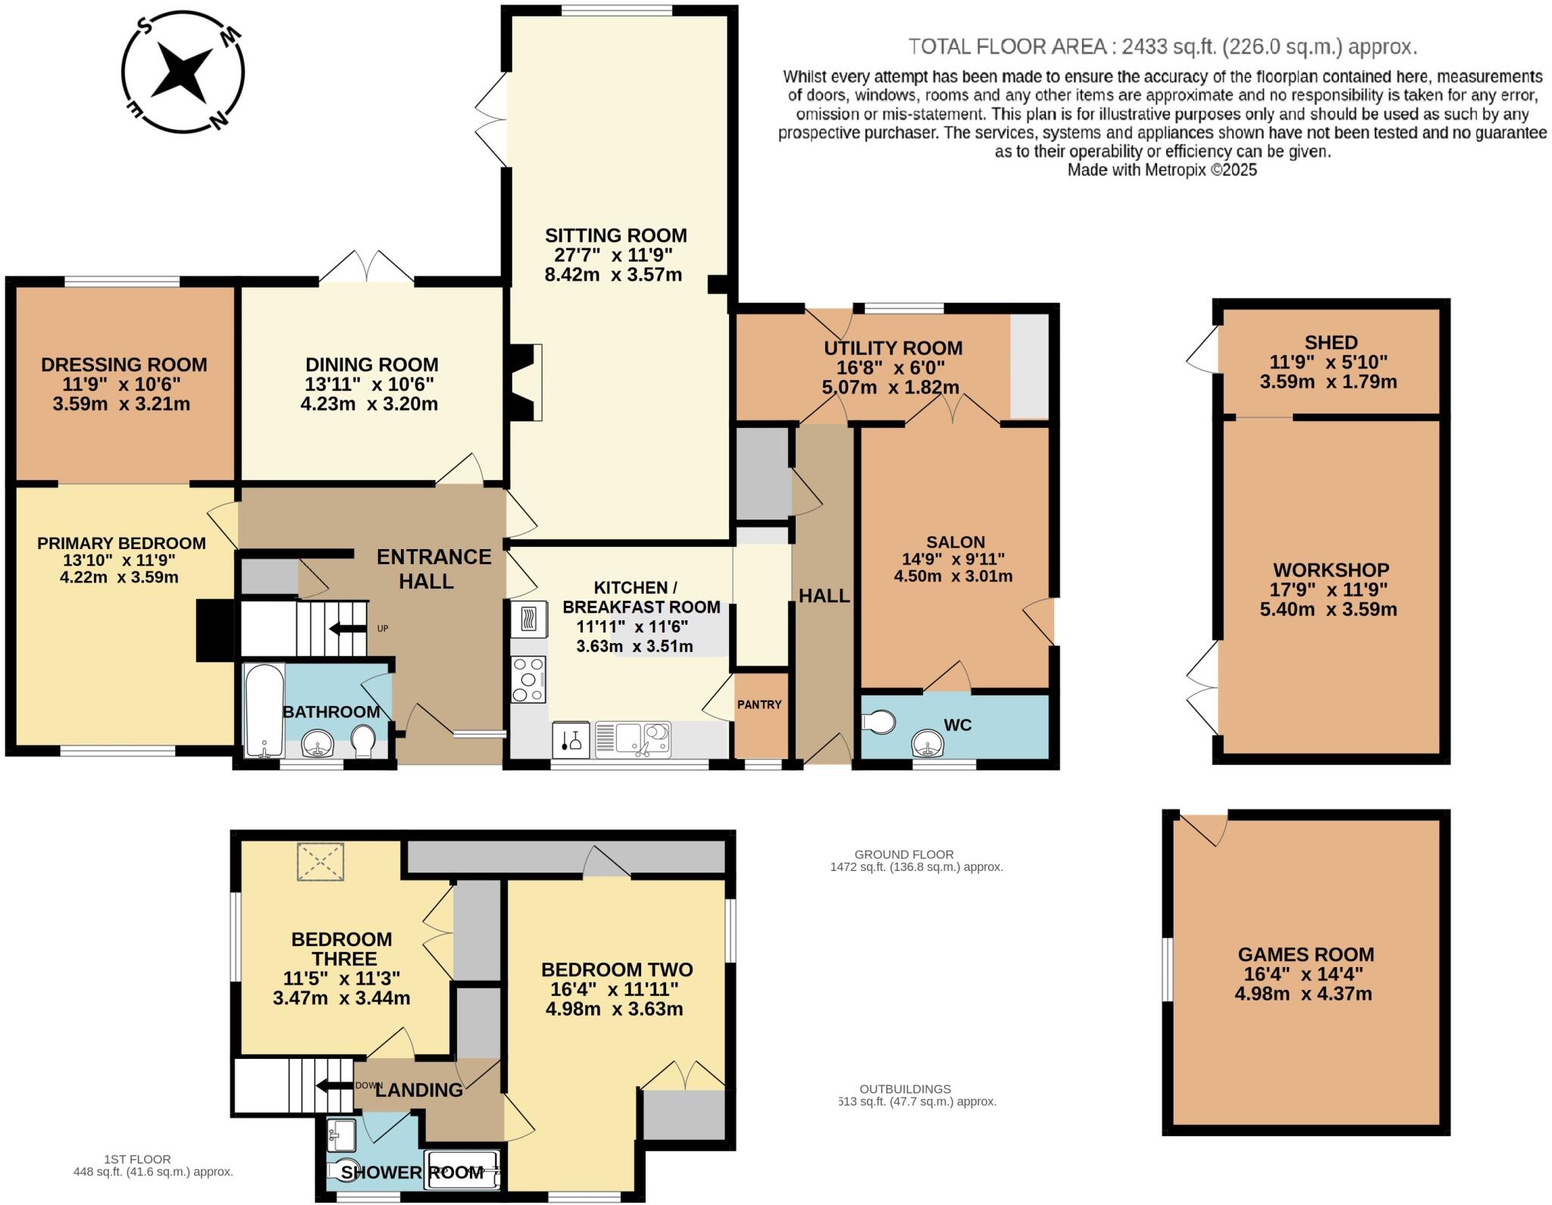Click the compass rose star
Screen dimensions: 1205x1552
[x=182, y=72]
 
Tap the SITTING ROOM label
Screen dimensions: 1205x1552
[x=615, y=235]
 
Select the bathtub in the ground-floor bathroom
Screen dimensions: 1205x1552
[x=263, y=710]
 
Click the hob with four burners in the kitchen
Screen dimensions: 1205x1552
[x=529, y=679]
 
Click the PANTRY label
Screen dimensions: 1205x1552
[x=759, y=704]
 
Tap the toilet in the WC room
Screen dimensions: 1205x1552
[x=879, y=721]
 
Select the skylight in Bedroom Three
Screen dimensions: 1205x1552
[x=320, y=862]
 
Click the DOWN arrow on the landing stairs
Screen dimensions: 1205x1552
[x=332, y=1085]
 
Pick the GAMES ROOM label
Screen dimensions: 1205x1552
[x=1306, y=954]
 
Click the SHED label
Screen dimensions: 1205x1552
[x=1331, y=342]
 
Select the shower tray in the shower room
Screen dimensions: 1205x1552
[x=462, y=1170]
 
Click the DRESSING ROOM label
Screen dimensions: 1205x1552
[x=124, y=364]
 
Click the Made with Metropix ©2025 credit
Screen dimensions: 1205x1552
[x=1162, y=170]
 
